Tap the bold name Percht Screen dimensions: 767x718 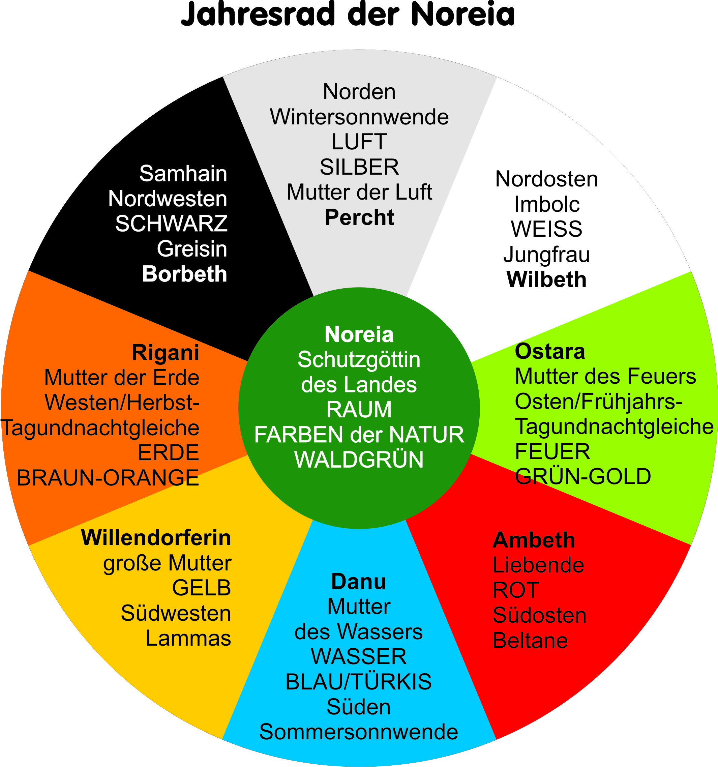coord(359,217)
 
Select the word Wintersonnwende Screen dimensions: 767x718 coord(359,117)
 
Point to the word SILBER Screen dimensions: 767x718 coord(359,167)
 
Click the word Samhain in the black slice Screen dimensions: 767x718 coord(183,174)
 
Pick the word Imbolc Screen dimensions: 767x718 coord(547,205)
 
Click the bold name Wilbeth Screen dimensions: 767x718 coord(546,279)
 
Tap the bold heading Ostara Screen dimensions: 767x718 coord(550,352)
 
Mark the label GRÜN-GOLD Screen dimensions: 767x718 coord(583,476)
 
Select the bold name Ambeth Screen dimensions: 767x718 coord(534,540)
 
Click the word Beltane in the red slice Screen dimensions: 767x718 coord(530,641)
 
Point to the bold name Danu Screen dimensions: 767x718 coord(359,582)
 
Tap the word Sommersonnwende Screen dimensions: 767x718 coord(359,732)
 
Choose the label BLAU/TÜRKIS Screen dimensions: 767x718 coord(359,682)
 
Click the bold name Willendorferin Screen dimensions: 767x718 coord(156,538)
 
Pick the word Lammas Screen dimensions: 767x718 coord(188,638)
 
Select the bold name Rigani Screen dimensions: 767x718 coord(166,353)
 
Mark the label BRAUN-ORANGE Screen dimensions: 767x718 coord(108,478)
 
